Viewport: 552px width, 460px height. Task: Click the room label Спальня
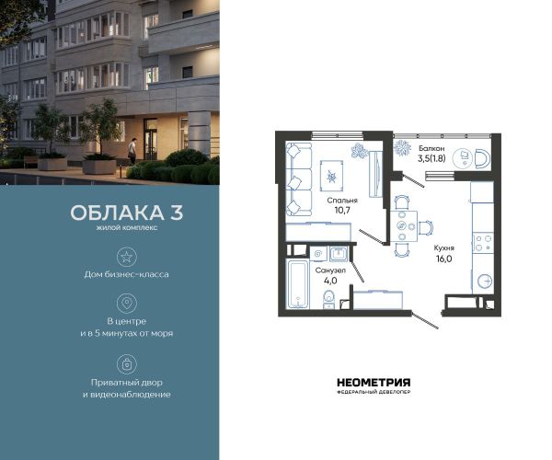tap(342, 201)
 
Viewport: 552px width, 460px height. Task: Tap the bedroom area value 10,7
tap(342, 211)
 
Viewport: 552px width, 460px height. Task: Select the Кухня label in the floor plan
tap(444, 248)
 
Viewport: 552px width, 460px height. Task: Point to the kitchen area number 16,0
tap(444, 259)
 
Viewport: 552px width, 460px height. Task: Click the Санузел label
tap(330, 270)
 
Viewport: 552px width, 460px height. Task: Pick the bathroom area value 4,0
tap(330, 281)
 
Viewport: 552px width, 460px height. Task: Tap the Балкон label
tap(431, 148)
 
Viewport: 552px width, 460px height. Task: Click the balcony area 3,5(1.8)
tap(431, 158)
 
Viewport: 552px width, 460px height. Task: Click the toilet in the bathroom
tap(328, 300)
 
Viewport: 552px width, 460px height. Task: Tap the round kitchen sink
tap(485, 282)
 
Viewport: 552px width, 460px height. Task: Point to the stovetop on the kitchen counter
tap(483, 243)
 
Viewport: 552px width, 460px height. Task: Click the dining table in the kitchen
tap(404, 226)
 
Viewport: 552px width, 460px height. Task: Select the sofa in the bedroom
tap(299, 179)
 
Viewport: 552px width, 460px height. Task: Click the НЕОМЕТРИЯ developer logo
tap(374, 385)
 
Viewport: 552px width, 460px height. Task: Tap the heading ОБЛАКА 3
tap(127, 213)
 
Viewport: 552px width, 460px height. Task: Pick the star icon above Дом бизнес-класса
tap(126, 257)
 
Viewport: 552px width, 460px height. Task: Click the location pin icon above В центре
tap(127, 303)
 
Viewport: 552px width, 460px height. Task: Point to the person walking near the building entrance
tap(132, 151)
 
